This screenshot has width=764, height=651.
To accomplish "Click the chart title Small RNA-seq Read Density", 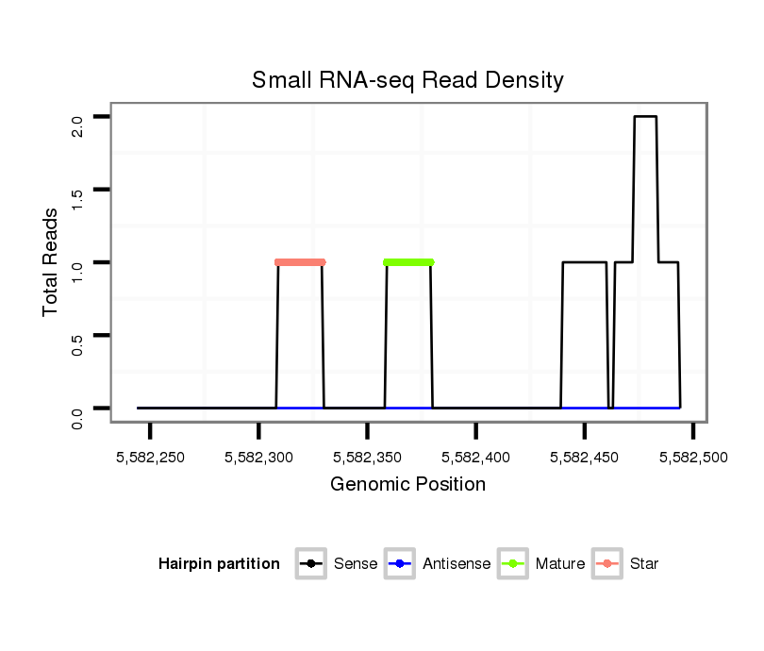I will pos(407,80).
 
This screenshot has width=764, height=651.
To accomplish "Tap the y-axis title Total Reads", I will pos(51,262).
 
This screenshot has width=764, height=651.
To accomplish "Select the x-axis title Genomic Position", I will pos(407,485).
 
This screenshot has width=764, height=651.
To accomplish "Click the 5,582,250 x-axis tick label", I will pos(150,458).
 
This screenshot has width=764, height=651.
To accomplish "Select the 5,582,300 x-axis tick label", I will pos(258,458).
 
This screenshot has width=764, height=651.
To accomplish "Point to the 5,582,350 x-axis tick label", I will pos(367,458).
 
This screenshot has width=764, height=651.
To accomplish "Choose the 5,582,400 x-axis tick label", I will pos(475,458).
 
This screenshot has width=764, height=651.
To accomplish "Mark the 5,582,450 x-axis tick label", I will pos(585,458).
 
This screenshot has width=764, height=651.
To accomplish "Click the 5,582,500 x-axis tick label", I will pos(693,458).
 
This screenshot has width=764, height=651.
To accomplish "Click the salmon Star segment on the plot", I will pos(300,262).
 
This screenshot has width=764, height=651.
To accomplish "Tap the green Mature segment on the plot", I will pos(408,262).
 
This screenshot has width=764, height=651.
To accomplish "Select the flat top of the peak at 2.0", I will pos(645,117).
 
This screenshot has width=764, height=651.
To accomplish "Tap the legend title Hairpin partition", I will pos(219,564).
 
